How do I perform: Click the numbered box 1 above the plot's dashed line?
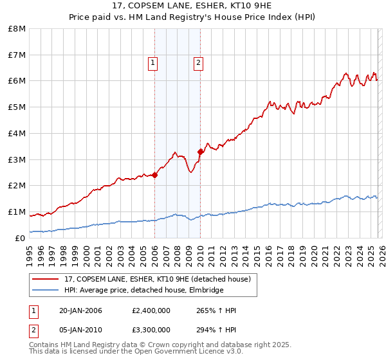point(152,63)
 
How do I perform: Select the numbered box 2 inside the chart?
point(198,63)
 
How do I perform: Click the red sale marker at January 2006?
point(155,175)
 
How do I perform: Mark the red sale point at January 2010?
point(200,152)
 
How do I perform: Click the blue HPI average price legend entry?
point(143,290)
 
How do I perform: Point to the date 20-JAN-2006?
point(80,310)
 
